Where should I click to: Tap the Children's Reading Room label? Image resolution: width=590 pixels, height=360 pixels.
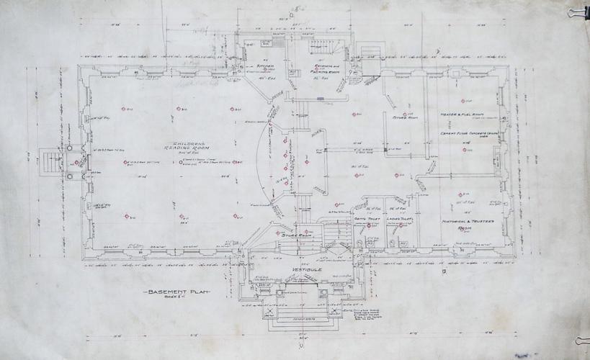point(174,144)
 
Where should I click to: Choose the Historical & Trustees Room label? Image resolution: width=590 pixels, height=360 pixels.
point(465,225)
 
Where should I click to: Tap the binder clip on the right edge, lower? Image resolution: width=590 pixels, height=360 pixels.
point(581,338)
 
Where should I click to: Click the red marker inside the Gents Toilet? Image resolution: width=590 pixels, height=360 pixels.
point(369,225)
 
